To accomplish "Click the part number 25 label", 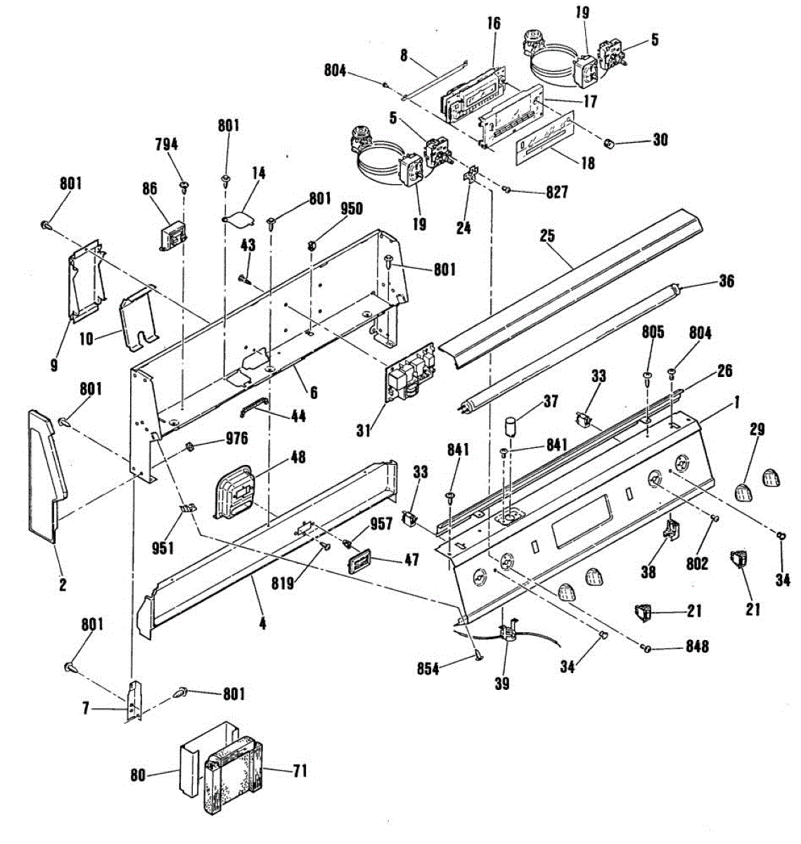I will (x=548, y=236).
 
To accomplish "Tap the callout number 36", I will (x=726, y=281).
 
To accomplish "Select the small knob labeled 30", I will (x=610, y=143).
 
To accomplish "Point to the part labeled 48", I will (x=233, y=487).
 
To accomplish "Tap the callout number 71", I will (x=300, y=772).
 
